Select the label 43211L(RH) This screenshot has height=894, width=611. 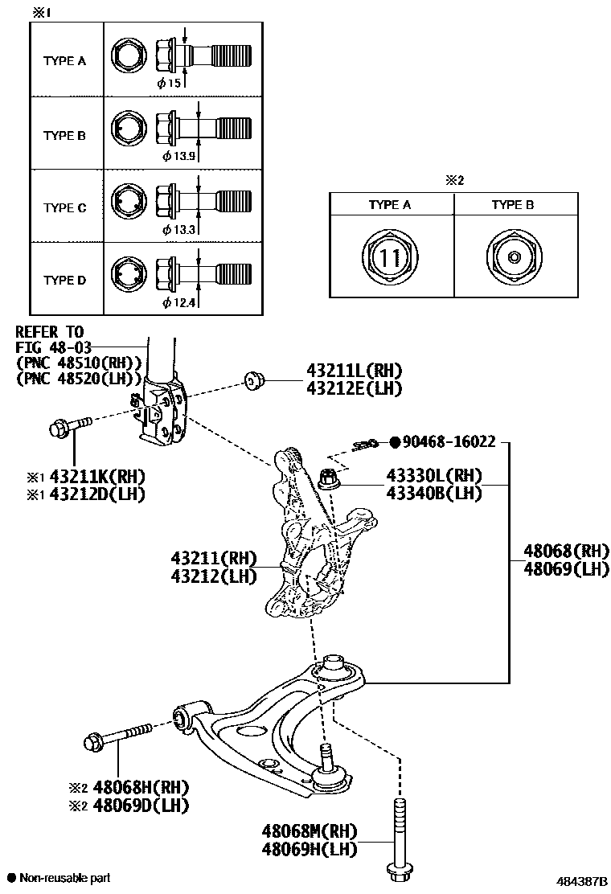[x=353, y=371]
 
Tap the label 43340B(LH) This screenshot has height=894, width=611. [x=433, y=493]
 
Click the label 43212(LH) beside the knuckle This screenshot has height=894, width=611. [x=213, y=576]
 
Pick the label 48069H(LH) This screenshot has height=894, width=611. [x=310, y=848]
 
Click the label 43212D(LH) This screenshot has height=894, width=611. [x=97, y=494]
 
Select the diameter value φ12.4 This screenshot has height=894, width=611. [x=178, y=302]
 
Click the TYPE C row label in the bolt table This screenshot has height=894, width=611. [x=64, y=208]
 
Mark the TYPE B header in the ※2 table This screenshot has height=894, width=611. [x=513, y=205]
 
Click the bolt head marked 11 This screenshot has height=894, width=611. [x=390, y=258]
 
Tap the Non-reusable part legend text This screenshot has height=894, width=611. [x=64, y=878]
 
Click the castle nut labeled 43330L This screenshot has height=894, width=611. [x=328, y=478]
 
